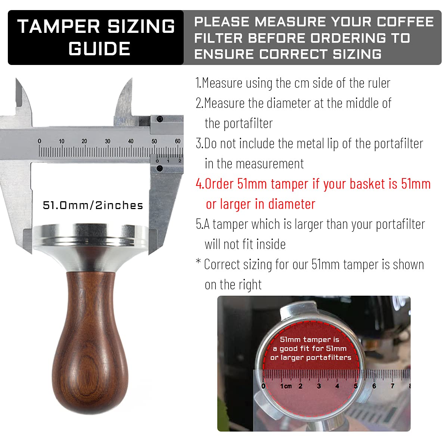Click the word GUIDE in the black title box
pyautogui.click(x=99, y=49)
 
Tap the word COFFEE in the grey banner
pyautogui.click(x=405, y=22)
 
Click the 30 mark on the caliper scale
pyautogui.click(x=108, y=141)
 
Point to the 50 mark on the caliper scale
pyautogui.click(x=154, y=141)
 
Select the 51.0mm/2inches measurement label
pyautogui.click(x=93, y=205)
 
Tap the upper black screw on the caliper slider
pyautogui.click(x=159, y=119)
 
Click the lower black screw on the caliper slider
pyautogui.click(x=159, y=168)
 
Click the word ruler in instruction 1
pyautogui.click(x=379, y=83)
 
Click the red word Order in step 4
pyautogui.click(x=219, y=184)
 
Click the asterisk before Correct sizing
pyautogui.click(x=198, y=261)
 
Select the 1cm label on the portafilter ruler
pyautogui.click(x=286, y=386)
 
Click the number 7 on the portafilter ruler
pyautogui.click(x=393, y=386)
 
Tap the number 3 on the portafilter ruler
pyautogui.click(x=319, y=386)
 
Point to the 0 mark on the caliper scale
pyautogui.click(x=39, y=141)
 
